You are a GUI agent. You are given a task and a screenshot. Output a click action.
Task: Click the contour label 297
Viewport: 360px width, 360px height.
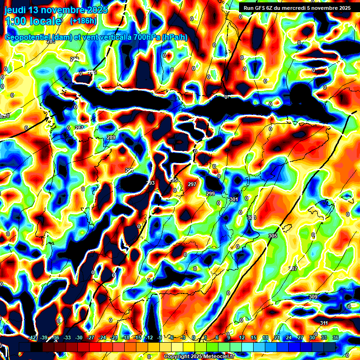point(192,184)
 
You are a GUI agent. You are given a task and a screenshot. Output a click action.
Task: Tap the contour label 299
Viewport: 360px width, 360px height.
point(210,194)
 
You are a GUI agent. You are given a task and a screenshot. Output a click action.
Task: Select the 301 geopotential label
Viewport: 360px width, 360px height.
point(234,199)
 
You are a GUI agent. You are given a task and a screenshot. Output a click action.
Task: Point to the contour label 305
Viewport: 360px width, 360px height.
point(272,235)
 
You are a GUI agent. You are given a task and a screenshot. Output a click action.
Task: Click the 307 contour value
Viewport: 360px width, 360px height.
point(293,269)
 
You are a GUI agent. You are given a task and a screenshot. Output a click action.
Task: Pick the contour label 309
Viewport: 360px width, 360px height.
point(313,297)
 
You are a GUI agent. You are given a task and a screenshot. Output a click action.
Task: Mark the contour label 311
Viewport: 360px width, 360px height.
point(324,323)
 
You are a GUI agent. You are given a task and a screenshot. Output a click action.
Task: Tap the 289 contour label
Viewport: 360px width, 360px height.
point(111,137)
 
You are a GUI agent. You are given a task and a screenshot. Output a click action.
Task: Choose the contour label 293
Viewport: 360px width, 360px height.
point(150,183)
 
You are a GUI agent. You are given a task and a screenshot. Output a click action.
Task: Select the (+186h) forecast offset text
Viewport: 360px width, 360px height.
point(83,21)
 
